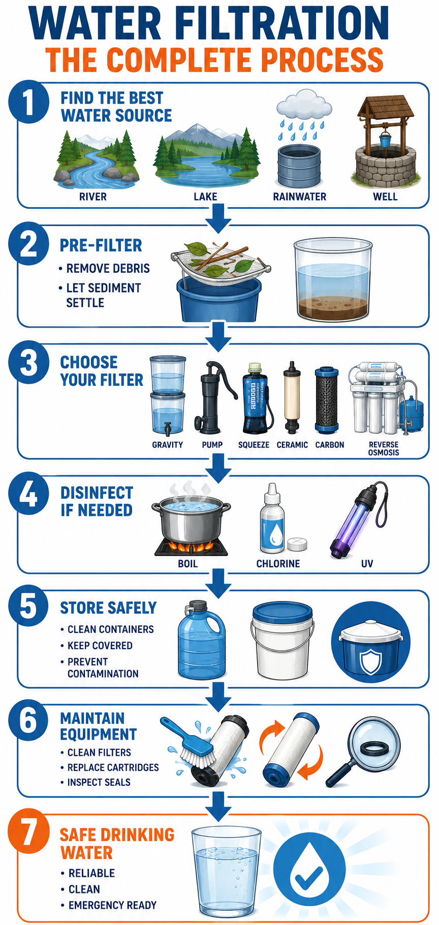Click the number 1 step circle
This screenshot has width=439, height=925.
[28, 102]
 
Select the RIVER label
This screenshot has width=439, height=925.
[93, 197]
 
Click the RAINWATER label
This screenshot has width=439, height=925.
[300, 197]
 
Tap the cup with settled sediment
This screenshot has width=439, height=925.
[333, 280]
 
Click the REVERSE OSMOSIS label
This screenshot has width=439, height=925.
[384, 448]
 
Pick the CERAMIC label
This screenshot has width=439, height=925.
[292, 445]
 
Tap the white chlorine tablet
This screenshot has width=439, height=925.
[297, 544]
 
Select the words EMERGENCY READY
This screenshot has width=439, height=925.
[112, 905]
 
